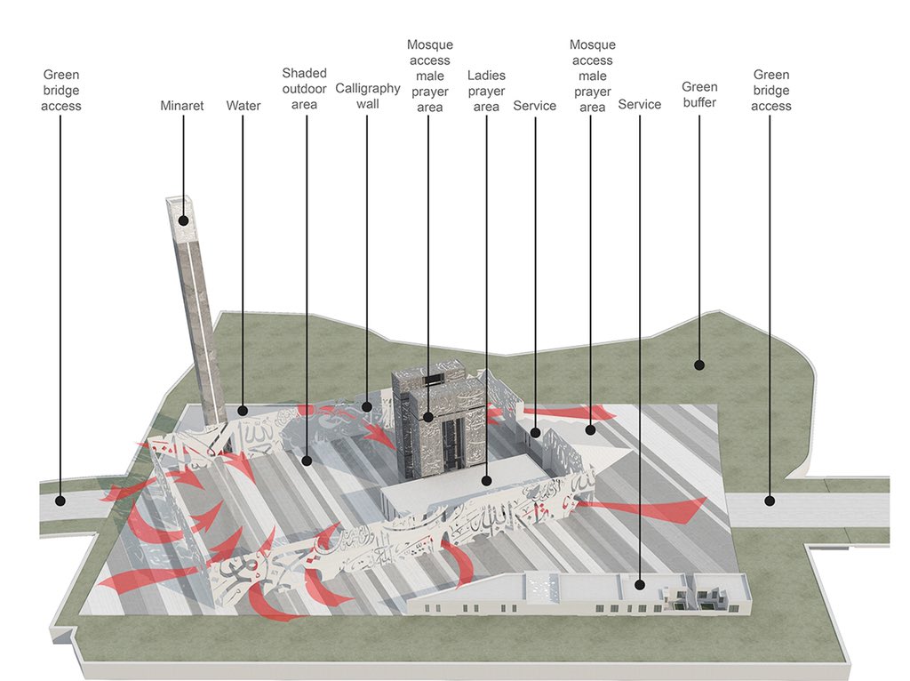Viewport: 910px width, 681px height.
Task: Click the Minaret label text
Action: pyautogui.click(x=182, y=106)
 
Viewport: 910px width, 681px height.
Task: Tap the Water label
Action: pyautogui.click(x=243, y=106)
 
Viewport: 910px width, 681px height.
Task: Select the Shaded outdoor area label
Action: pyautogui.click(x=305, y=89)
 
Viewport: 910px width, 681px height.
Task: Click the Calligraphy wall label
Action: pyautogui.click(x=368, y=96)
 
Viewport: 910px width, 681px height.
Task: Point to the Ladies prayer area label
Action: pyautogui.click(x=486, y=91)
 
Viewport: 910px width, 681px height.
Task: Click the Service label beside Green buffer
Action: pyautogui.click(x=640, y=104)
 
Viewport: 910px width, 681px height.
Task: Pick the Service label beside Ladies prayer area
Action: pyautogui.click(x=535, y=106)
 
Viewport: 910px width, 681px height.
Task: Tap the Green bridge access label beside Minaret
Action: pyautogui.click(x=61, y=91)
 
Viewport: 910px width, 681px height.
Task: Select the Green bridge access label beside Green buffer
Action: pyautogui.click(x=770, y=91)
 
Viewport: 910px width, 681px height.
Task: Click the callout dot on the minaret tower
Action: pyautogui.click(x=184, y=220)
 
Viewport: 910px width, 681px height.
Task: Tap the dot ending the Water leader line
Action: pyautogui.click(x=243, y=411)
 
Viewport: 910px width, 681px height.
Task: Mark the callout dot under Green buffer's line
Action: pyautogui.click(x=699, y=365)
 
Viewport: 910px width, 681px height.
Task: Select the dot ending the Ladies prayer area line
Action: pyautogui.click(x=487, y=480)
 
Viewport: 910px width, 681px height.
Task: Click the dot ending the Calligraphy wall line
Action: pyautogui.click(x=367, y=407)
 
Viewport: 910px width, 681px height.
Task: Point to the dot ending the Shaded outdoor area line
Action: pyautogui.click(x=306, y=461)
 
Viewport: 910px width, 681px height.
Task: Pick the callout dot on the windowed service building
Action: pyautogui.click(x=640, y=585)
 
